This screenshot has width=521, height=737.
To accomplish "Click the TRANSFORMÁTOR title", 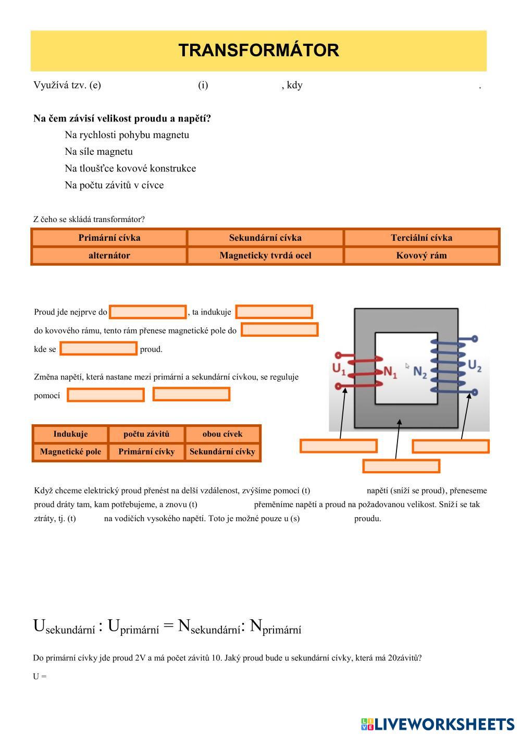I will (258, 51).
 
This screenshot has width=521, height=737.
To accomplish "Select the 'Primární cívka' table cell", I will (109, 238).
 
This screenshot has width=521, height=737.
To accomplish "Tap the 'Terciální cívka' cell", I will (421, 238).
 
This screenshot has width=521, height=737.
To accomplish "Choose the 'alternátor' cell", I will (109, 255).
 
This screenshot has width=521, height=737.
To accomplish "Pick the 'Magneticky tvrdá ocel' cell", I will (265, 255).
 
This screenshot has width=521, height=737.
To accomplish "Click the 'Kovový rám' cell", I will (421, 255).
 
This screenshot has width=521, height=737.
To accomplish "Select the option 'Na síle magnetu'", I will (98, 152).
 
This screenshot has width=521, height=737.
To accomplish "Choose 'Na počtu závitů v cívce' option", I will (114, 185).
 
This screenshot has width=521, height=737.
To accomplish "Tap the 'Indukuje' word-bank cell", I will (70, 434).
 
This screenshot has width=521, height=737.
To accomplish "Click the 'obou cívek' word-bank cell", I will (222, 434).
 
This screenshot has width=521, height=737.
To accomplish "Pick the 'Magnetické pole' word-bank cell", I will (70, 451).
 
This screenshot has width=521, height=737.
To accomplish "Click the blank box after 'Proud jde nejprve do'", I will (148, 312).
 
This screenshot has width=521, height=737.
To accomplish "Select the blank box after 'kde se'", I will (98, 349).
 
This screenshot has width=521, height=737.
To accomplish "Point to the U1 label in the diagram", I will (339, 369).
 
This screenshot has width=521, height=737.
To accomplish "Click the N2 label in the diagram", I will (420, 372).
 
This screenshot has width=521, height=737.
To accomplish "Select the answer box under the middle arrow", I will (401, 465).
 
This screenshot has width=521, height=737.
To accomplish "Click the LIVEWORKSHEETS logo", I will (437, 724).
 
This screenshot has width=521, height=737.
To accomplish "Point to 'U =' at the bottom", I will (40, 677).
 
